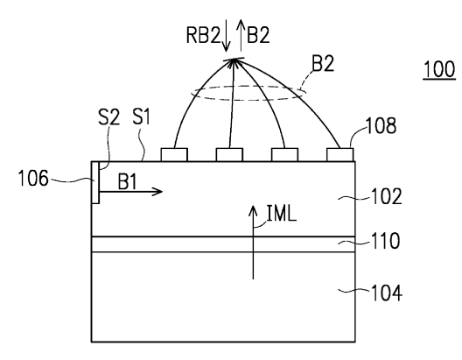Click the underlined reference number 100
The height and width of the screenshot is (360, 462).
439,69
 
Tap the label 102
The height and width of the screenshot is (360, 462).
387,197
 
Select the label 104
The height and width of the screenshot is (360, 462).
387,293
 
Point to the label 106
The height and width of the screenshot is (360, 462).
33,179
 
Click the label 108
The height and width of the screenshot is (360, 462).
381,125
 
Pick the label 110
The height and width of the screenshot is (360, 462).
385,241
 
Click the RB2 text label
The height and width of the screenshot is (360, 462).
203,35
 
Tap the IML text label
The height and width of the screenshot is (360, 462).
282,213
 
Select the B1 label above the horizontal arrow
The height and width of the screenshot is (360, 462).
127,181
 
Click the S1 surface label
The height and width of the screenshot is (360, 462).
142,116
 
